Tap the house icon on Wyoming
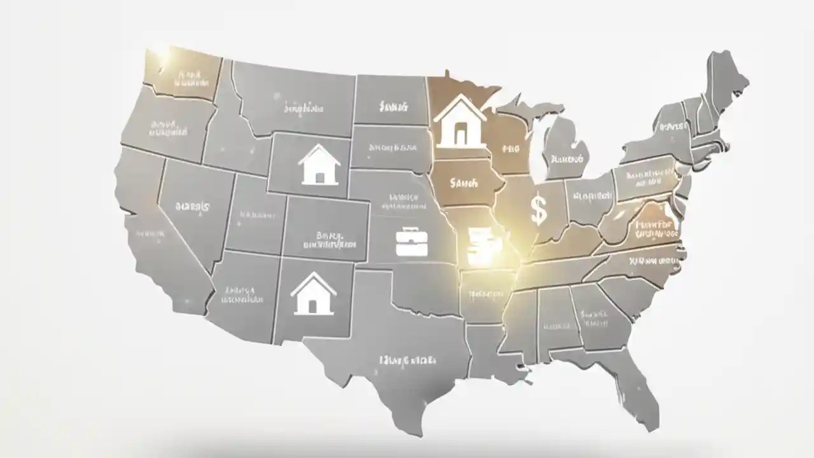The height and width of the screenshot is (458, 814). coord(319,165)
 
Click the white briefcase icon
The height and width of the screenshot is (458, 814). coord(407,242)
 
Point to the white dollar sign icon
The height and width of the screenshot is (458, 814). coord(538,211)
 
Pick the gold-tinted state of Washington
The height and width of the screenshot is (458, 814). coord(184,73)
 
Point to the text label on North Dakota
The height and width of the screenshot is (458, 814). coord(392,106)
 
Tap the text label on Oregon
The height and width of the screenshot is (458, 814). coord(168,128)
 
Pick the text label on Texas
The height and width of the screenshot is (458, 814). coord(407,360)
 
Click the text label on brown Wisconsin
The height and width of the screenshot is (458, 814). coord(511,149)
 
